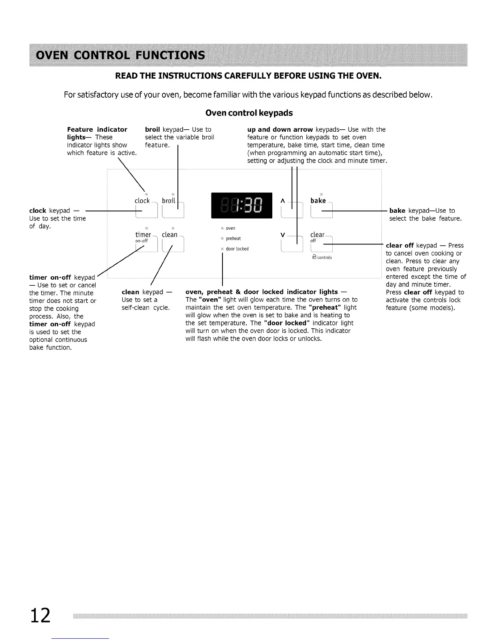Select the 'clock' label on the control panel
click(x=142, y=201)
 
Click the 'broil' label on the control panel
click(x=169, y=201)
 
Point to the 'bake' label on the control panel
click(x=318, y=201)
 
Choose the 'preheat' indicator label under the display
click(x=233, y=239)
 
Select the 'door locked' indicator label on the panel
click(x=237, y=249)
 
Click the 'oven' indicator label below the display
click(x=231, y=228)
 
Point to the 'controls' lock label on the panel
click(x=324, y=257)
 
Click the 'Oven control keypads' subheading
click(x=249, y=113)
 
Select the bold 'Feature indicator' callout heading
click(x=97, y=129)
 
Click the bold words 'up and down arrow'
click(x=280, y=129)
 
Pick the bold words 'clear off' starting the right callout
click(x=400, y=245)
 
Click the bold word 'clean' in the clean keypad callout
click(x=130, y=292)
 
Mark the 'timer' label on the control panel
click(x=143, y=235)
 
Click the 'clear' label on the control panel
click(x=317, y=235)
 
